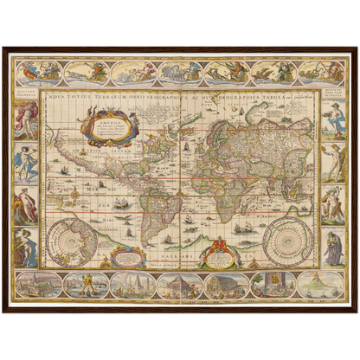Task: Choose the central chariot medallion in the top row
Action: (x=180, y=73)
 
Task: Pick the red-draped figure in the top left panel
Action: (x=26, y=118)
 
